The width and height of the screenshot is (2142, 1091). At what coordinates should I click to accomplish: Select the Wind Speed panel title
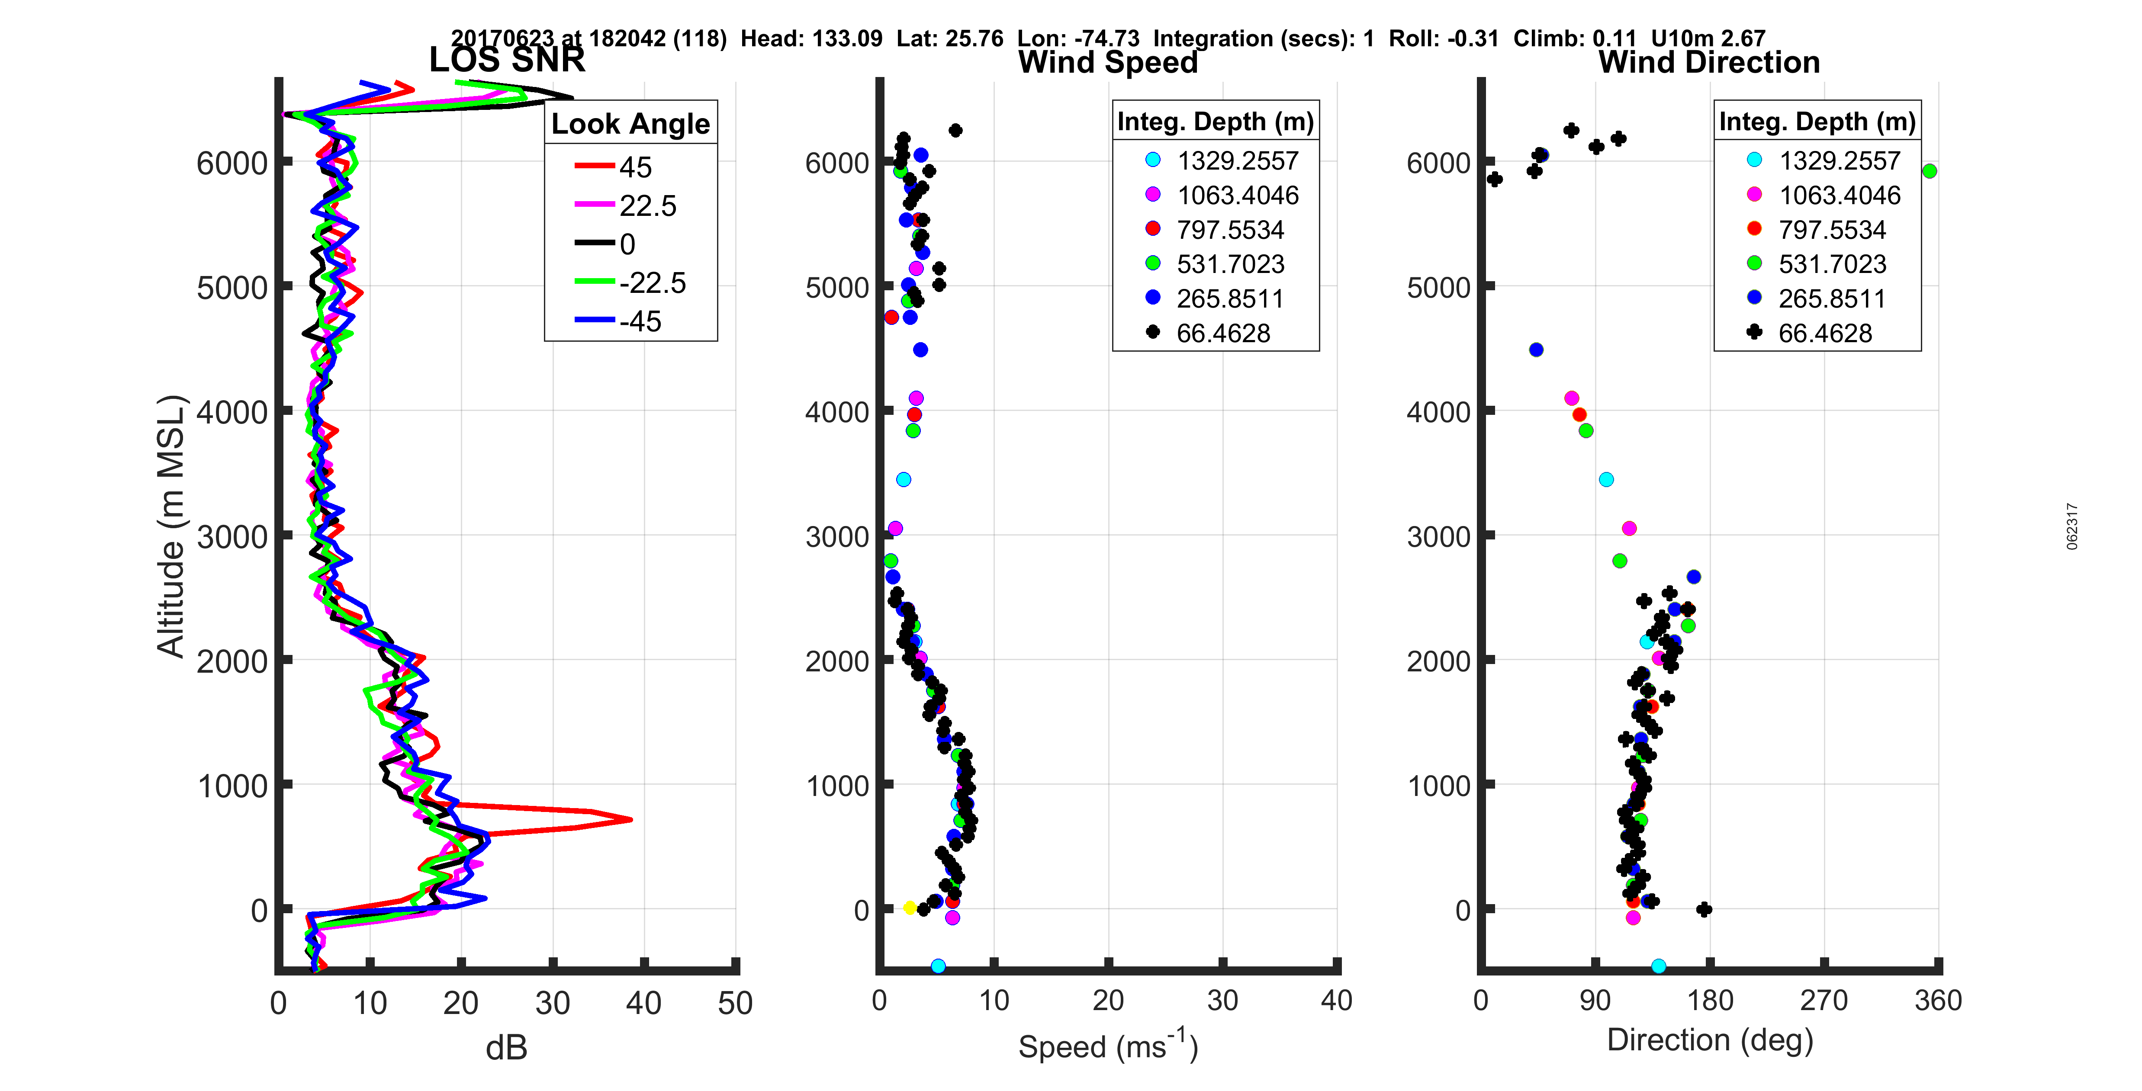click(1108, 62)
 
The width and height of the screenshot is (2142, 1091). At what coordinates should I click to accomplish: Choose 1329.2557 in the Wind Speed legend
click(1236, 160)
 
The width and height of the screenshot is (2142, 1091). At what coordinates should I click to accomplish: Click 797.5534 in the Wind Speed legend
click(1230, 230)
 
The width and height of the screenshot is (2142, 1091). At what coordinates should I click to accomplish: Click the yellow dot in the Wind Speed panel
click(910, 907)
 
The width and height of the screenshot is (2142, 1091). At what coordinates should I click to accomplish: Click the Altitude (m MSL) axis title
click(171, 526)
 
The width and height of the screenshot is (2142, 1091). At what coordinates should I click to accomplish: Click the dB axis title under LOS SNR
click(506, 1048)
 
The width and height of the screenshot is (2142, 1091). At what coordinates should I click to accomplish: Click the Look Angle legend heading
click(630, 124)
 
